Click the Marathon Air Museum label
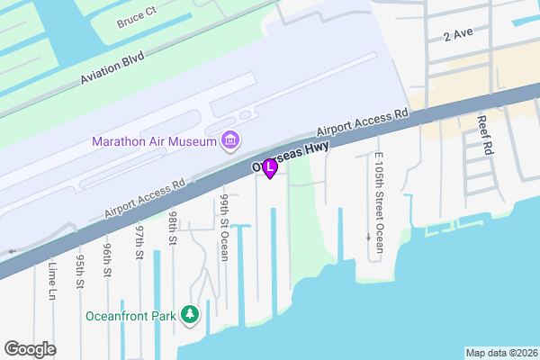click(153, 142)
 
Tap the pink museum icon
click(229, 141)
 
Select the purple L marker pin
click(269, 167)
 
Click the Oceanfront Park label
click(130, 316)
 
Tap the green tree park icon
click(190, 315)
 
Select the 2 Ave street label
click(458, 35)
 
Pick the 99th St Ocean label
click(224, 226)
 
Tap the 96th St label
click(107, 257)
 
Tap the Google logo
click(30, 349)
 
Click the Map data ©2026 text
click(500, 353)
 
